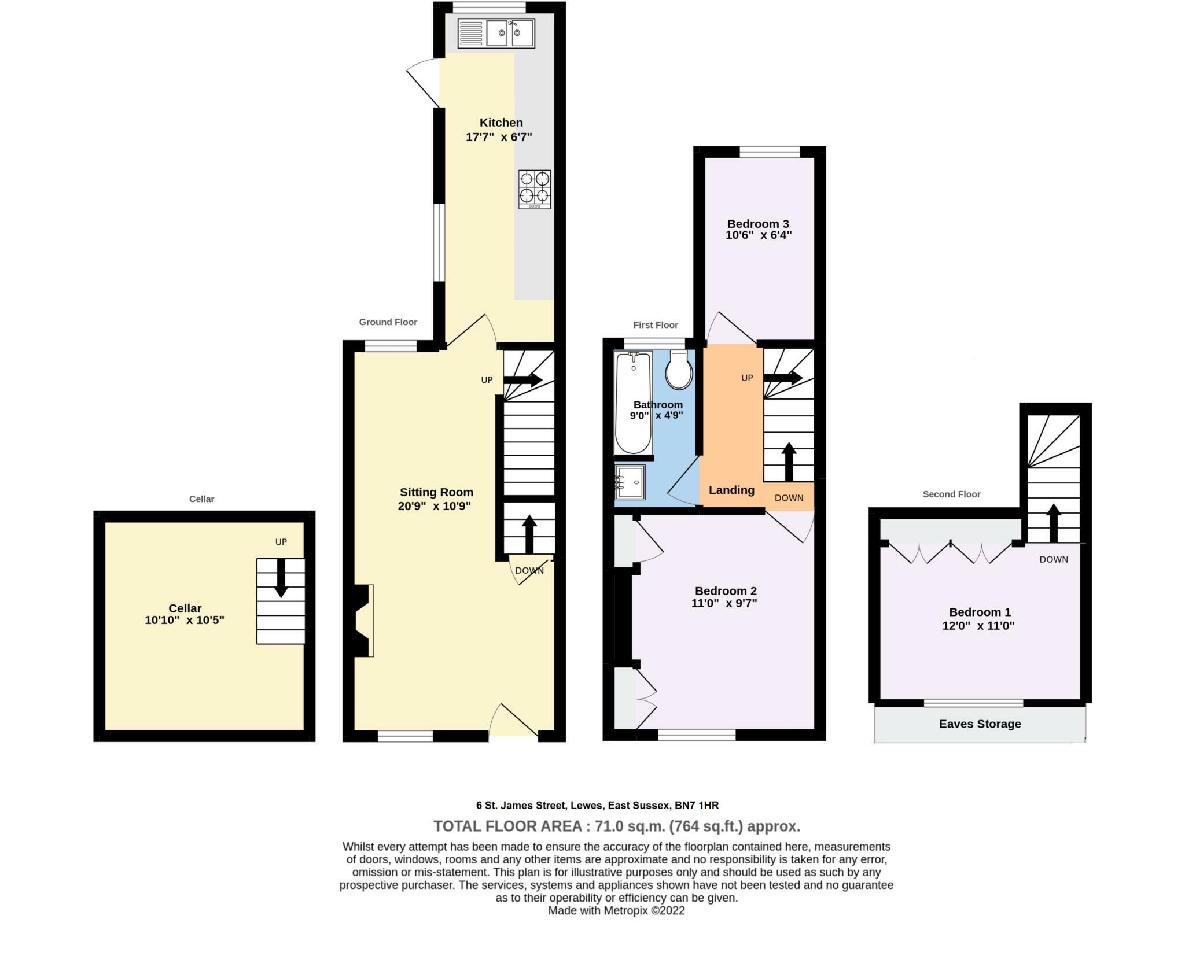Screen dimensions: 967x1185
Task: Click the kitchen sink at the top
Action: [x=496, y=33]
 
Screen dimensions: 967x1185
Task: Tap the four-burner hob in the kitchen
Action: [x=535, y=189]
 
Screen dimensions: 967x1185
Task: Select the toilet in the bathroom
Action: [x=679, y=370]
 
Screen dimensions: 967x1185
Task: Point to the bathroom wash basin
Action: [x=630, y=482]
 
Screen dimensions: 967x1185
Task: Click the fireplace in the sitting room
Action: [x=362, y=621]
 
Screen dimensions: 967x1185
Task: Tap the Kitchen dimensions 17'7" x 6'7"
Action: [x=499, y=138]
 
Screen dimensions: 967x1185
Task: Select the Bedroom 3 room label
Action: [x=758, y=224]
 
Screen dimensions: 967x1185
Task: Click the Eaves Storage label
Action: [x=980, y=724]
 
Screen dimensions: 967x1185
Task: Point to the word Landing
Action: [x=731, y=490]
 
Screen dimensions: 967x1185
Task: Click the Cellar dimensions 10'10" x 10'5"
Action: [x=184, y=621]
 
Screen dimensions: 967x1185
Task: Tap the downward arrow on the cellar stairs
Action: [x=281, y=578]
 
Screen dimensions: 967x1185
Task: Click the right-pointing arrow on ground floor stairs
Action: [x=522, y=381]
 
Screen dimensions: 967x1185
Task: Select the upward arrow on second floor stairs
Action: [x=1054, y=522]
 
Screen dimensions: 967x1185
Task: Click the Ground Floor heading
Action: [x=388, y=322]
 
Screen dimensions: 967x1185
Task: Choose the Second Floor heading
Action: [x=951, y=494]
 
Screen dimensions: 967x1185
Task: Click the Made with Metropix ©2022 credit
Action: [x=616, y=911]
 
